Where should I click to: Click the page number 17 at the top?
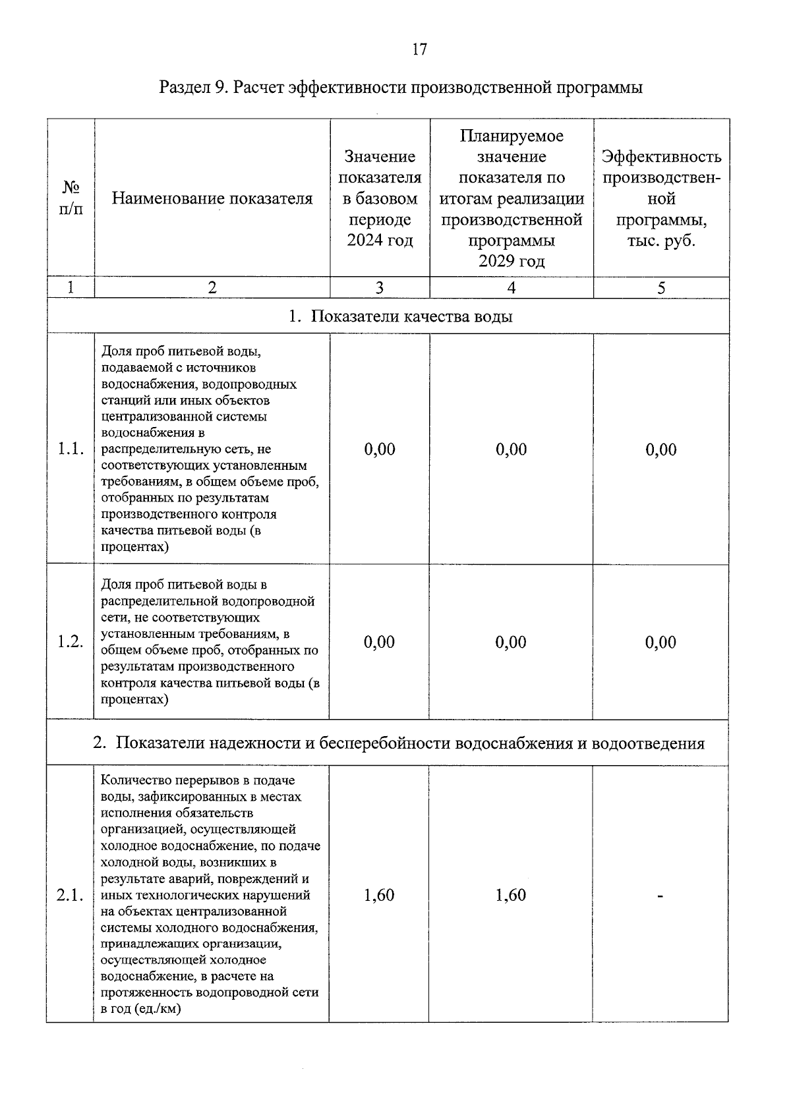pyautogui.click(x=419, y=49)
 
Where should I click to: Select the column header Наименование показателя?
pyautogui.click(x=212, y=198)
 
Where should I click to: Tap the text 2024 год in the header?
pyautogui.click(x=380, y=241)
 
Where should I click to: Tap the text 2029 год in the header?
pyautogui.click(x=512, y=262)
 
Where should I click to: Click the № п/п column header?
pyautogui.click(x=71, y=198)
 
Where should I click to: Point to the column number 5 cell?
pyautogui.click(x=661, y=288)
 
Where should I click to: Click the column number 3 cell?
pyautogui.click(x=380, y=288)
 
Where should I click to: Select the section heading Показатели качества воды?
pyautogui.click(x=411, y=317)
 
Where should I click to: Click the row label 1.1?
pyautogui.click(x=70, y=449)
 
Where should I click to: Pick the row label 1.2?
pyautogui.click(x=70, y=642)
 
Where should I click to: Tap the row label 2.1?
pyautogui.click(x=70, y=895)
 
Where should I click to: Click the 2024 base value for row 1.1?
pyautogui.click(x=380, y=449)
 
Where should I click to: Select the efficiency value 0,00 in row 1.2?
pyautogui.click(x=661, y=642)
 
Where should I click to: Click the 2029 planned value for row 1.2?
pyautogui.click(x=511, y=642)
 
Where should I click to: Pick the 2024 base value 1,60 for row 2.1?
pyautogui.click(x=379, y=895)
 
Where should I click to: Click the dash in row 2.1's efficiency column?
pyautogui.click(x=660, y=896)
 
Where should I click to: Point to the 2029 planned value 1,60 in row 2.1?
pyautogui.click(x=511, y=895)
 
